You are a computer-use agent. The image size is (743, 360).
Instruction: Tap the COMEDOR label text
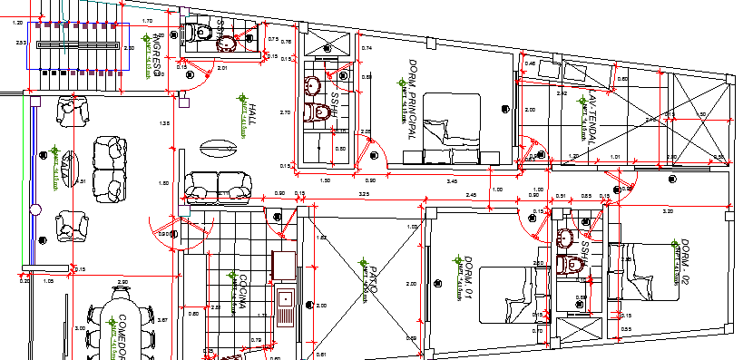tap(119, 336)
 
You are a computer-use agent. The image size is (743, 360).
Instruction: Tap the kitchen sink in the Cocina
tap(285, 304)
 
